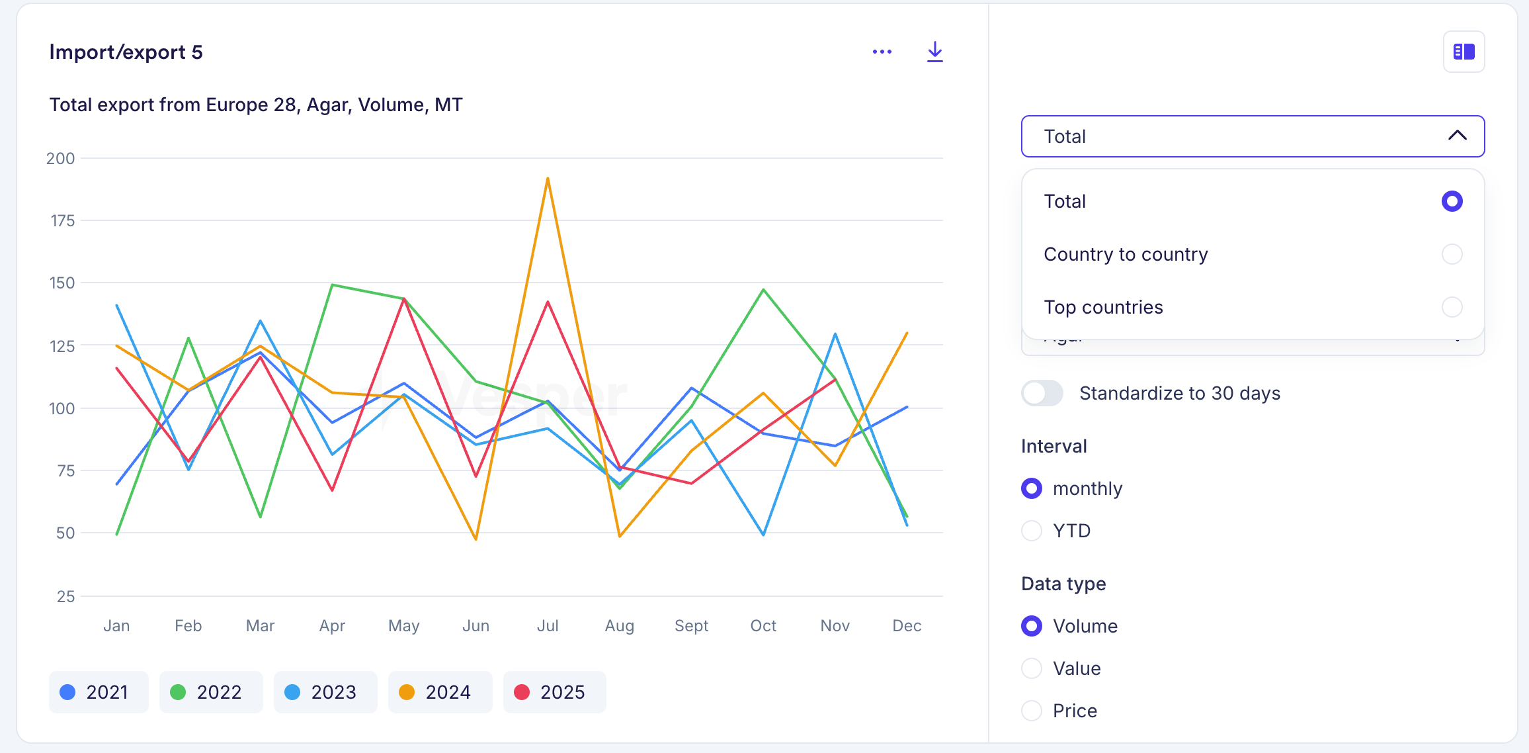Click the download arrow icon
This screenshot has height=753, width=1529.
pyautogui.click(x=934, y=52)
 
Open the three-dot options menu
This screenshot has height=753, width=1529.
pyautogui.click(x=882, y=52)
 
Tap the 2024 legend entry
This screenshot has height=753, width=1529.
pyautogui.click(x=440, y=692)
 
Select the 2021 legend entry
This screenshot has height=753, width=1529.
pyautogui.click(x=99, y=692)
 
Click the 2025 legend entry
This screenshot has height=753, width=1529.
pyautogui.click(x=554, y=692)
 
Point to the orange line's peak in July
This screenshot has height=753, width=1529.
pyautogui.click(x=548, y=179)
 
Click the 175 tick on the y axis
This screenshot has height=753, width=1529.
pyautogui.click(x=63, y=221)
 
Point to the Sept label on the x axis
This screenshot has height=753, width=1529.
pyautogui.click(x=691, y=626)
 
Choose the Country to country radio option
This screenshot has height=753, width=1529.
pyautogui.click(x=1452, y=254)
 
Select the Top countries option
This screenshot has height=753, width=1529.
pyautogui.click(x=1452, y=307)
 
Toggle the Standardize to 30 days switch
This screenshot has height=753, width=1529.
pyautogui.click(x=1042, y=393)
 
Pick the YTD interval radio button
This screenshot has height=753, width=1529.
pyautogui.click(x=1032, y=531)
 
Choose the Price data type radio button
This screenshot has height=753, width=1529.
pyautogui.click(x=1032, y=711)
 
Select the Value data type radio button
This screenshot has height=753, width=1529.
pyautogui.click(x=1032, y=668)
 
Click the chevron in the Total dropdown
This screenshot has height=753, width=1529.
pyautogui.click(x=1457, y=136)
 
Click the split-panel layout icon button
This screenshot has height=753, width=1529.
pyautogui.click(x=1464, y=52)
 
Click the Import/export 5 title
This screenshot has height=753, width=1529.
pyautogui.click(x=126, y=52)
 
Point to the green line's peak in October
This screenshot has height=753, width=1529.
pyautogui.click(x=763, y=290)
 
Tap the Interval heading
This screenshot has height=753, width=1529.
pyautogui.click(x=1054, y=446)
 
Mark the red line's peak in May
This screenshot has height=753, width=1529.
pyautogui.click(x=404, y=299)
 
